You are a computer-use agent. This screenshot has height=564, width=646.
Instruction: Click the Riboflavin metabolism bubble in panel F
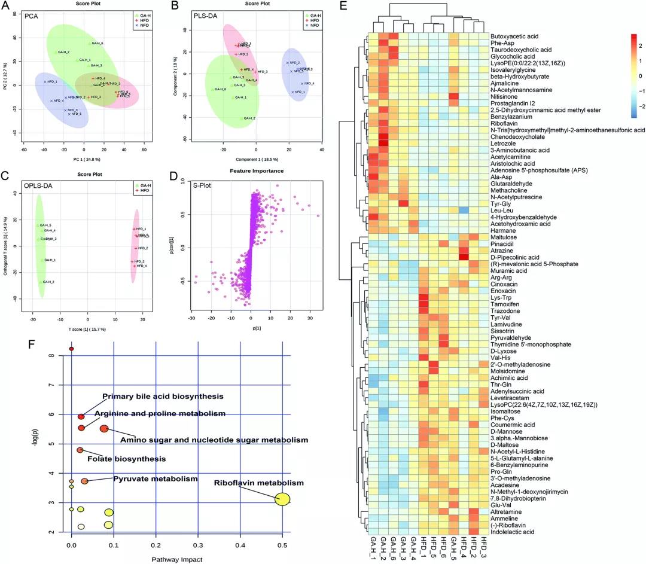coord(283,499)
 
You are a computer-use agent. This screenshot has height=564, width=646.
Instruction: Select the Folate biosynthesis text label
coord(127,459)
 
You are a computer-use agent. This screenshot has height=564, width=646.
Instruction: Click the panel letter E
coord(342,7)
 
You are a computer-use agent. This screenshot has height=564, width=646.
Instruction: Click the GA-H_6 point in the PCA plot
coord(90,44)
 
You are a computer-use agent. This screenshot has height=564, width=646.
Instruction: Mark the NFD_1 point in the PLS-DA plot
coord(293,92)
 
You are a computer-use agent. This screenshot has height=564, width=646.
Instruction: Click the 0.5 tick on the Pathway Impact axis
coord(282,545)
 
